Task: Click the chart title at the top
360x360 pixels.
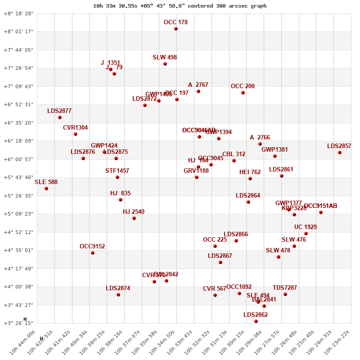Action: (180, 6)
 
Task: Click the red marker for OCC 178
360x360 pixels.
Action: (176, 29)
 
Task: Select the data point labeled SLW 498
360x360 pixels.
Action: (165, 64)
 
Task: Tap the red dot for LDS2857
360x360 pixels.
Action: (340, 153)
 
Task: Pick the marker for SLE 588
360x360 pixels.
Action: (46, 189)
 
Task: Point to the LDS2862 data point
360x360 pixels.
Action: (256, 321)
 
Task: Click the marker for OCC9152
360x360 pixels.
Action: (93, 253)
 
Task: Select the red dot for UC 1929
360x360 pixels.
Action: (306, 234)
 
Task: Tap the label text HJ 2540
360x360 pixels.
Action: (134, 212)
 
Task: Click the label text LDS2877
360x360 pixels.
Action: (59, 111)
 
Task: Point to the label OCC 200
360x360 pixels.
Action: (243, 86)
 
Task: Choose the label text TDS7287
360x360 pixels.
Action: (285, 288)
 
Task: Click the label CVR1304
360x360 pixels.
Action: (76, 128)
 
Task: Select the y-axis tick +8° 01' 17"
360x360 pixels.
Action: (19, 31)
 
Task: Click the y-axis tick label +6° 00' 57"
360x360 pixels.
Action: (19, 159)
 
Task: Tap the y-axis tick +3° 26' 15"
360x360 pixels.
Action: (19, 323)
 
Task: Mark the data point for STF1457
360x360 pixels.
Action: (117, 177)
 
